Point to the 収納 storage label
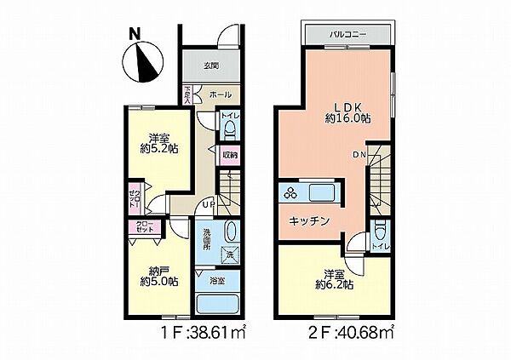(x=230, y=156)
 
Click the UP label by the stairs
(x=208, y=203)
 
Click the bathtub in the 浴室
(x=218, y=305)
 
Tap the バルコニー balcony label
(x=347, y=36)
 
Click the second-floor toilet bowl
(x=381, y=231)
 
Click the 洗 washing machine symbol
(x=229, y=254)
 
